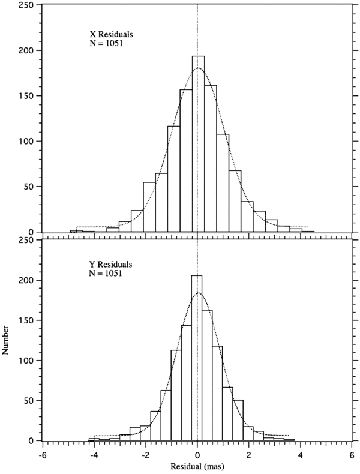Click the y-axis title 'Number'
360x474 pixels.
(x=7, y=341)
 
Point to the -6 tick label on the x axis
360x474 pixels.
(x=42, y=454)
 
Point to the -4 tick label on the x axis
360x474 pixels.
(x=94, y=454)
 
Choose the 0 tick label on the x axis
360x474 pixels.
(x=197, y=454)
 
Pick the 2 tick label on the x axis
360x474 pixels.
(x=249, y=454)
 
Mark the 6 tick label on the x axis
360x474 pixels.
(x=352, y=454)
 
